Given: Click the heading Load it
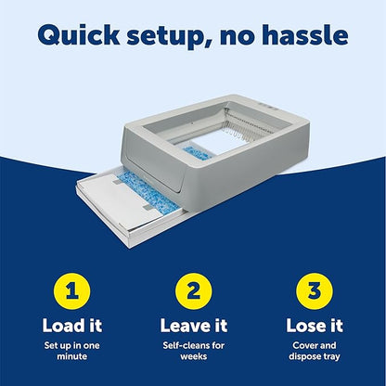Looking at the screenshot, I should tap(77, 326).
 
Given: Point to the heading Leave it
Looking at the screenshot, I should tap(193, 326).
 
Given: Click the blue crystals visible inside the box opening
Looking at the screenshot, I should tap(197, 151).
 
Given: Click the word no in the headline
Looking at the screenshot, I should tap(239, 36).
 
